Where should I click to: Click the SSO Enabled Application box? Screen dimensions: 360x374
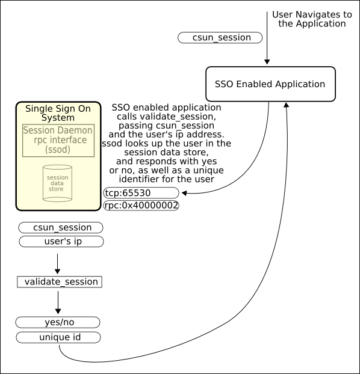point(270,84)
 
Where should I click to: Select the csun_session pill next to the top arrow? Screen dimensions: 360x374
point(220,38)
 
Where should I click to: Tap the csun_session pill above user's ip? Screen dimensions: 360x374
point(61,227)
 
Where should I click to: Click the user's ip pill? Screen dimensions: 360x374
point(61,241)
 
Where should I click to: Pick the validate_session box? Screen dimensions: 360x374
point(60,281)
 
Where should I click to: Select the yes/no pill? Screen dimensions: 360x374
point(58,322)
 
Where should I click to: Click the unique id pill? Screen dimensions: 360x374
point(58,337)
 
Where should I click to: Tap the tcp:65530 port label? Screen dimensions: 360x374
point(141,193)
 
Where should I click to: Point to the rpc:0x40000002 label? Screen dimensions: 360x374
point(141,206)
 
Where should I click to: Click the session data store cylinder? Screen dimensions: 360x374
point(57,183)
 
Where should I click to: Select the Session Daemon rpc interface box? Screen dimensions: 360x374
point(58,140)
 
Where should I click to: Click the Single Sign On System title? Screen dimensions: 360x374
point(58,113)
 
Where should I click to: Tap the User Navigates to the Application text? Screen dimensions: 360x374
point(312,19)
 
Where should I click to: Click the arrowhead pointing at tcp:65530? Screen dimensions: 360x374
point(184,193)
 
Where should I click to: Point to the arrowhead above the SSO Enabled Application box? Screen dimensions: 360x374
point(267,62)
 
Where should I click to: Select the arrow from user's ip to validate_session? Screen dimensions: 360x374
point(57,264)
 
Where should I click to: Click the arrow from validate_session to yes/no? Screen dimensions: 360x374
point(58,302)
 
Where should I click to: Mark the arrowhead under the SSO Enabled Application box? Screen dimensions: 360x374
point(286,105)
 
